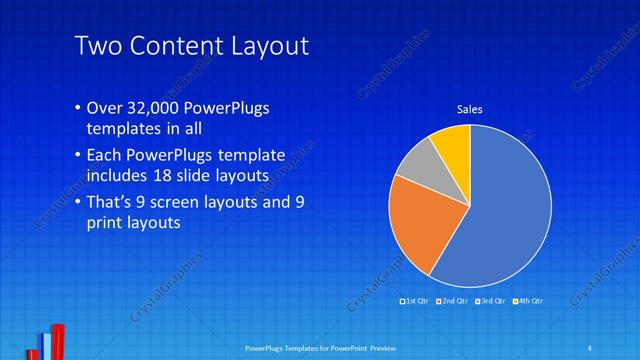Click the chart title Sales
pos(470,109)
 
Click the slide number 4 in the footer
pos(589,347)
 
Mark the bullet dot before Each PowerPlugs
pos(79,157)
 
